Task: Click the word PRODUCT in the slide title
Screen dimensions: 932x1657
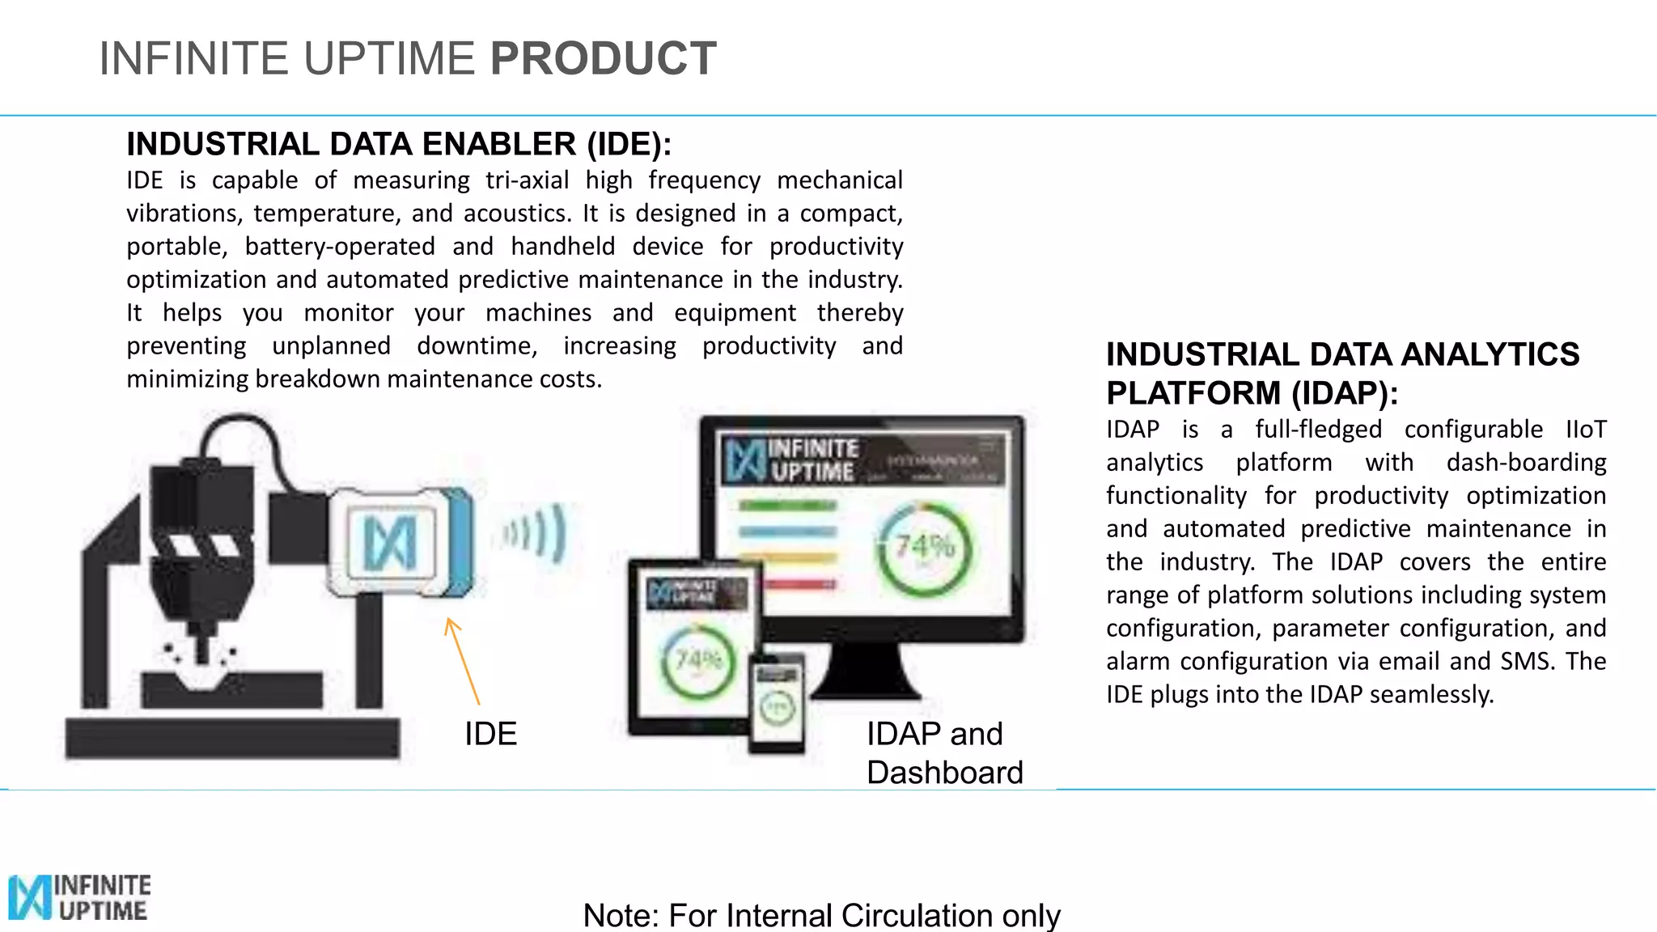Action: point(603,59)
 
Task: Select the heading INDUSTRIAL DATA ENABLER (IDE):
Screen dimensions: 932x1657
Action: point(399,144)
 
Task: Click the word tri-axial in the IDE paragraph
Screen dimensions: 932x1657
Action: point(527,180)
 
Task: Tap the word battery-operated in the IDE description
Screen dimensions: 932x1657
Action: point(340,246)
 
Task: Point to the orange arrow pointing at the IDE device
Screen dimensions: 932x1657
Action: point(463,660)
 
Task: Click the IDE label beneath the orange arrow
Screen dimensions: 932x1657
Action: point(490,734)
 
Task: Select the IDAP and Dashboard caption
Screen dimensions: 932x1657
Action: point(944,753)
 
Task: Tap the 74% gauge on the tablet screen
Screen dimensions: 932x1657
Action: point(699,662)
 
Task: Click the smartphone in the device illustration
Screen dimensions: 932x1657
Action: point(777,702)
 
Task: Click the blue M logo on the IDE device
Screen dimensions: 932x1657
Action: point(389,542)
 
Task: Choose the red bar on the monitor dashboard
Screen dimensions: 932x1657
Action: point(799,584)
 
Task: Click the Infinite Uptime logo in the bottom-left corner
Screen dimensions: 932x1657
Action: point(79,897)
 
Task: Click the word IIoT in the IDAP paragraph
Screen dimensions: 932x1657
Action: point(1586,430)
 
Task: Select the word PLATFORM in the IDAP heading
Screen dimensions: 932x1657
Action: point(1193,393)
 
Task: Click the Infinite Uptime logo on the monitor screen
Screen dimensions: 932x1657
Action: point(791,460)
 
